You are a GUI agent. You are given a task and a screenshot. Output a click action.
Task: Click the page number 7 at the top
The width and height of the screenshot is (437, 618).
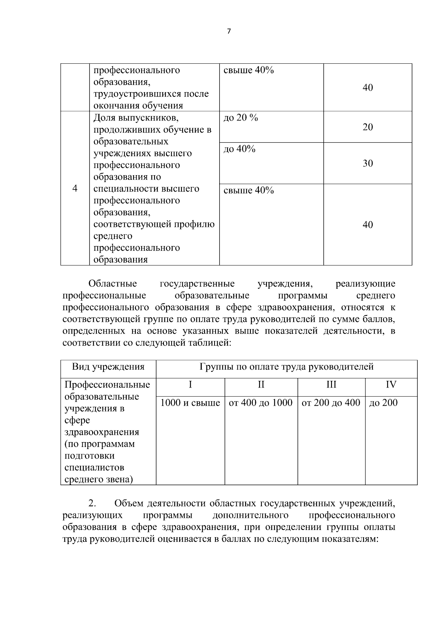coord(229,32)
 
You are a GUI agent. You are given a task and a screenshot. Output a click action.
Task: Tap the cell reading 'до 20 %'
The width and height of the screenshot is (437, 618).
coord(240,118)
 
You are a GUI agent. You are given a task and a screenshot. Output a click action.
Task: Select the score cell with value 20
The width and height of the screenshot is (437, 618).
coord(367,127)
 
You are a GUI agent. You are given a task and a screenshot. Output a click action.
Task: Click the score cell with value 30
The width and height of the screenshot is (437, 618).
coord(367,164)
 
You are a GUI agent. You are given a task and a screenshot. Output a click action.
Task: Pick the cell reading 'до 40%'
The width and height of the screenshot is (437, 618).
coord(239,149)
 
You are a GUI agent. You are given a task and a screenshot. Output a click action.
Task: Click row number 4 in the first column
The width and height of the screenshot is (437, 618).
coord(75,189)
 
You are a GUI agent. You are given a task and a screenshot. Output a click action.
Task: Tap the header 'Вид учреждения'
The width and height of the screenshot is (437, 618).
coord(108,367)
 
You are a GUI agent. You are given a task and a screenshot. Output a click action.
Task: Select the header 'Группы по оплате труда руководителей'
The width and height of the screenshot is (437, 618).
coord(286,367)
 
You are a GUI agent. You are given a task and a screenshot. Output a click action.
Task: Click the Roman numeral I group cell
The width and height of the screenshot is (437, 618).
coord(190,385)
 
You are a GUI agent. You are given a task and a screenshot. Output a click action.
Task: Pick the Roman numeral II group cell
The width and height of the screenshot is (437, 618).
coord(261,385)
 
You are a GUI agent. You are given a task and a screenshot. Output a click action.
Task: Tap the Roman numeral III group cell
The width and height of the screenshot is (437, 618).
coord(331,385)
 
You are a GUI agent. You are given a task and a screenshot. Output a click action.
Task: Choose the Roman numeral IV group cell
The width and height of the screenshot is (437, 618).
coord(391,385)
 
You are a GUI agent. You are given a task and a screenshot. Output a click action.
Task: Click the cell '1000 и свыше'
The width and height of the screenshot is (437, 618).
coord(190,403)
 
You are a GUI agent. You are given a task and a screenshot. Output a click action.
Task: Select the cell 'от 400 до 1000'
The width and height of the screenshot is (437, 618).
coord(261,403)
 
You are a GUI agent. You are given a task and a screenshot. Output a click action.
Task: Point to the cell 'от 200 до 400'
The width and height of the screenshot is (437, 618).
coord(331,403)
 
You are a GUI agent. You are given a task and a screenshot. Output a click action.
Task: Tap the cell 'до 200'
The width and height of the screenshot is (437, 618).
coord(383,403)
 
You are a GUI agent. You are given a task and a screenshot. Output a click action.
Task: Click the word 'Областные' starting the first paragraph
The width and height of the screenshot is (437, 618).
coord(113,284)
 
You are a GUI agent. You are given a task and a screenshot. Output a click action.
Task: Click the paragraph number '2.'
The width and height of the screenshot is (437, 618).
coord(92,504)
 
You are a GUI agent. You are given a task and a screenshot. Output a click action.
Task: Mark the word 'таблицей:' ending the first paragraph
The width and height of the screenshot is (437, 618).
coord(212,343)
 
